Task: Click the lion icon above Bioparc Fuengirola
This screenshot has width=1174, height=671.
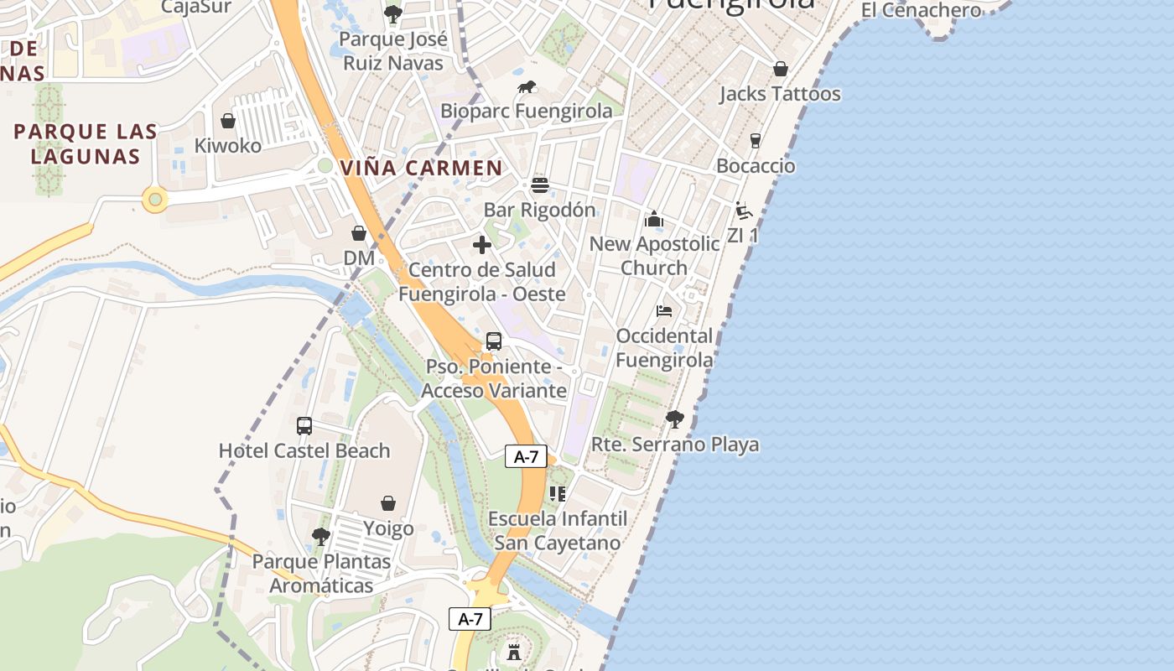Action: tap(527, 86)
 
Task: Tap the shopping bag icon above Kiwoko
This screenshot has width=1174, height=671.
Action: tap(227, 122)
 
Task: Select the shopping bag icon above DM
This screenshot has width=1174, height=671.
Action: tap(359, 233)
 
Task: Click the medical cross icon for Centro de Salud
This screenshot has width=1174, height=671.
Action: tap(482, 245)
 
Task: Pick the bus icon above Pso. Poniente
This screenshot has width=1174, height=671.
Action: tap(494, 341)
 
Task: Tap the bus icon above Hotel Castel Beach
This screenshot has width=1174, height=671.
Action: tap(304, 425)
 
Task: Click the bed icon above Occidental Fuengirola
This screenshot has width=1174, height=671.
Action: tap(664, 311)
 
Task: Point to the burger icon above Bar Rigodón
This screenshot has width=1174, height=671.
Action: tap(540, 185)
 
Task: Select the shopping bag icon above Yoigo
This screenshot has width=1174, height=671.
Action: tap(388, 503)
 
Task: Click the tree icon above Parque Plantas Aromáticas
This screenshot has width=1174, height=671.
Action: tap(320, 536)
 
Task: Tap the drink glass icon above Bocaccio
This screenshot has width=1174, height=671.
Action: tap(756, 141)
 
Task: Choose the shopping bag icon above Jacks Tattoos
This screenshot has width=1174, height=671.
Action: tap(781, 69)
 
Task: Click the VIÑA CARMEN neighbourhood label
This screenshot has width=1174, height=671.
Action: tap(421, 168)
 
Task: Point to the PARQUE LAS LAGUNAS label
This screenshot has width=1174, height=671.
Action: tap(86, 144)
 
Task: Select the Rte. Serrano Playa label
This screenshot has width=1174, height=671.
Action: tap(676, 445)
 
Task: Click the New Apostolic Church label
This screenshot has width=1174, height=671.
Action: tap(654, 255)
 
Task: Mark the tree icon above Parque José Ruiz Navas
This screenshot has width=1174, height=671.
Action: tap(392, 14)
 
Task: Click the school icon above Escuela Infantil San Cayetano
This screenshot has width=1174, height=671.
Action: tap(558, 493)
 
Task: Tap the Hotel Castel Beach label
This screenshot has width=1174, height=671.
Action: tap(304, 450)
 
